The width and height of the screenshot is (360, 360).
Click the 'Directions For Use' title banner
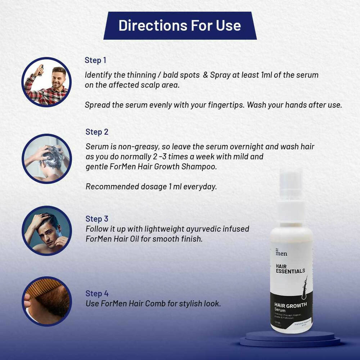click(180, 26)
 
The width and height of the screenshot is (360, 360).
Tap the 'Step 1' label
click(95, 60)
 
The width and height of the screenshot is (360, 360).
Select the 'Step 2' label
click(97, 132)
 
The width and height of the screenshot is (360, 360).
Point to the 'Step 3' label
click(97, 219)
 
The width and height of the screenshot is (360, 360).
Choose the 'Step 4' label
click(97, 294)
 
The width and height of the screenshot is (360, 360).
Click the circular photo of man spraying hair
click(46, 82)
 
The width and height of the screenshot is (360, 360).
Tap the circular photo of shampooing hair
click(47, 158)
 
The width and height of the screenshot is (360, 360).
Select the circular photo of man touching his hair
click(47, 231)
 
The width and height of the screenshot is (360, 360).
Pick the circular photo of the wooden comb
click(47, 301)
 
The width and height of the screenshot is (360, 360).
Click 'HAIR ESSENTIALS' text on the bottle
click(290, 268)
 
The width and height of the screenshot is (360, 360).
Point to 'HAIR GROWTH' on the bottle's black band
click(291, 305)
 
